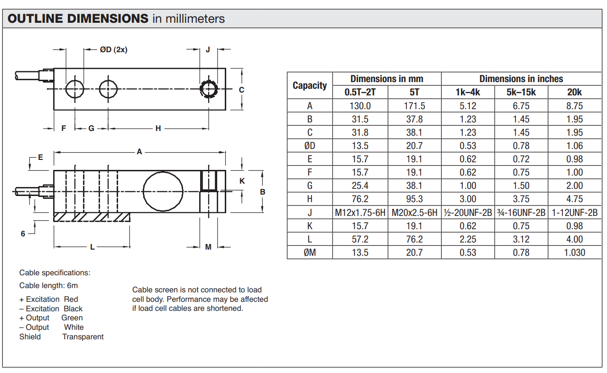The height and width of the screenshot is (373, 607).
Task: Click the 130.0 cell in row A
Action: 360,106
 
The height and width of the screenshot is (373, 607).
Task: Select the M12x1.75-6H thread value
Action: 360,213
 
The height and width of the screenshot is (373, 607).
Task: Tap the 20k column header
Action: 574,92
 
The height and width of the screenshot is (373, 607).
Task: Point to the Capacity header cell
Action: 310,85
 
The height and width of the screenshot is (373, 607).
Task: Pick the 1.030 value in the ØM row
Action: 574,252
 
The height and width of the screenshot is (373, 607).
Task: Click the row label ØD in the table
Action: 310,146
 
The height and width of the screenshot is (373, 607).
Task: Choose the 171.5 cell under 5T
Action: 414,106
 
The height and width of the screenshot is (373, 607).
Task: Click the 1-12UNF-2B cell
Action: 574,213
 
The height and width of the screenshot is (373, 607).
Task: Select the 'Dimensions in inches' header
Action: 521,79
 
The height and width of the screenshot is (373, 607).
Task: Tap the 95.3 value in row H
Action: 414,199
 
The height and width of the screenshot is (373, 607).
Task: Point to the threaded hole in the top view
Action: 209,89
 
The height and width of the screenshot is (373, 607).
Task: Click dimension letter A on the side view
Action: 139,152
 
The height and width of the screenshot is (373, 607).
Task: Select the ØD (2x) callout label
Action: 113,49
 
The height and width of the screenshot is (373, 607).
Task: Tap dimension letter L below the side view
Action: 92,247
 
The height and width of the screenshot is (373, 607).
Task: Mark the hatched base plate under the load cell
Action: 92,217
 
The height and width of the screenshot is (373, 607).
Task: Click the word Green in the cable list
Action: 72,318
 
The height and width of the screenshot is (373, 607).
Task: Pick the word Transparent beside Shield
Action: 83,337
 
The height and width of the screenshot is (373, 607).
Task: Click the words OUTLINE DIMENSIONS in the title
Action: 78,19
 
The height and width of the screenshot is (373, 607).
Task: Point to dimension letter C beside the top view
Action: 241,90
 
